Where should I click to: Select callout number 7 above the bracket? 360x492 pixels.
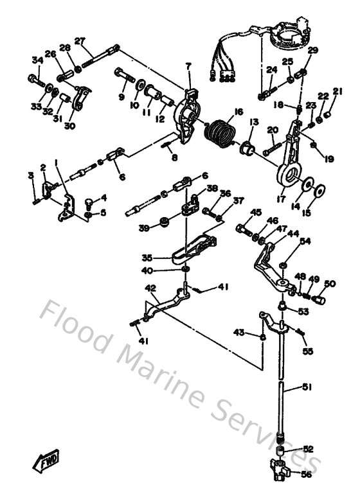(188, 66)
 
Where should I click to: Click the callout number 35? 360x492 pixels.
(147, 258)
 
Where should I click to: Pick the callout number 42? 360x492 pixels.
(150, 289)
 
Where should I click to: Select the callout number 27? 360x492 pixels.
(80, 42)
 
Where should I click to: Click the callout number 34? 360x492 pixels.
(37, 60)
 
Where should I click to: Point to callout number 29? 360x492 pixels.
(312, 50)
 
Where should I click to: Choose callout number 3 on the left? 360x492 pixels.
(30, 175)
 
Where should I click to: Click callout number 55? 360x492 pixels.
(307, 352)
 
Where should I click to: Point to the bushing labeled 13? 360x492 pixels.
(246, 149)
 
